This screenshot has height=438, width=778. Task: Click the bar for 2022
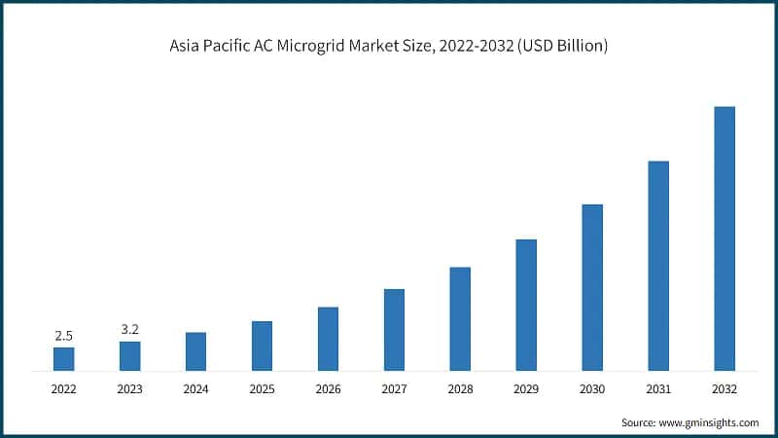click(63, 359)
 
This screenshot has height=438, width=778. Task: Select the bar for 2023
click(129, 356)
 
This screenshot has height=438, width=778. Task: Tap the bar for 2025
click(262, 346)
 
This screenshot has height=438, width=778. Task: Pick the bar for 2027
click(394, 330)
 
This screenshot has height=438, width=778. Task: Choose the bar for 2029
click(526, 305)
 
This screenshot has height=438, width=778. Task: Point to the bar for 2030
click(592, 287)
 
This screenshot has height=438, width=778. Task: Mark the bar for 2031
click(658, 266)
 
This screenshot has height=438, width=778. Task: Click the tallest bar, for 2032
click(725, 238)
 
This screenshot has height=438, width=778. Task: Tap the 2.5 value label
click(63, 336)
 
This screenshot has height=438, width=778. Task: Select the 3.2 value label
click(129, 330)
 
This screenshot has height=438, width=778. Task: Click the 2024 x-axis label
click(195, 388)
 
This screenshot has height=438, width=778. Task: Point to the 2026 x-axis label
click(328, 388)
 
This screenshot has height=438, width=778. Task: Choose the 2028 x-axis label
click(460, 388)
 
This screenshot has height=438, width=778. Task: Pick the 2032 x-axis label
click(725, 388)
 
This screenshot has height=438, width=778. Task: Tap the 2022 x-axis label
click(63, 388)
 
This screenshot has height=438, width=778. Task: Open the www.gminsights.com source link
click(709, 422)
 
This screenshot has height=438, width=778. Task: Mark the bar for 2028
click(460, 319)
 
